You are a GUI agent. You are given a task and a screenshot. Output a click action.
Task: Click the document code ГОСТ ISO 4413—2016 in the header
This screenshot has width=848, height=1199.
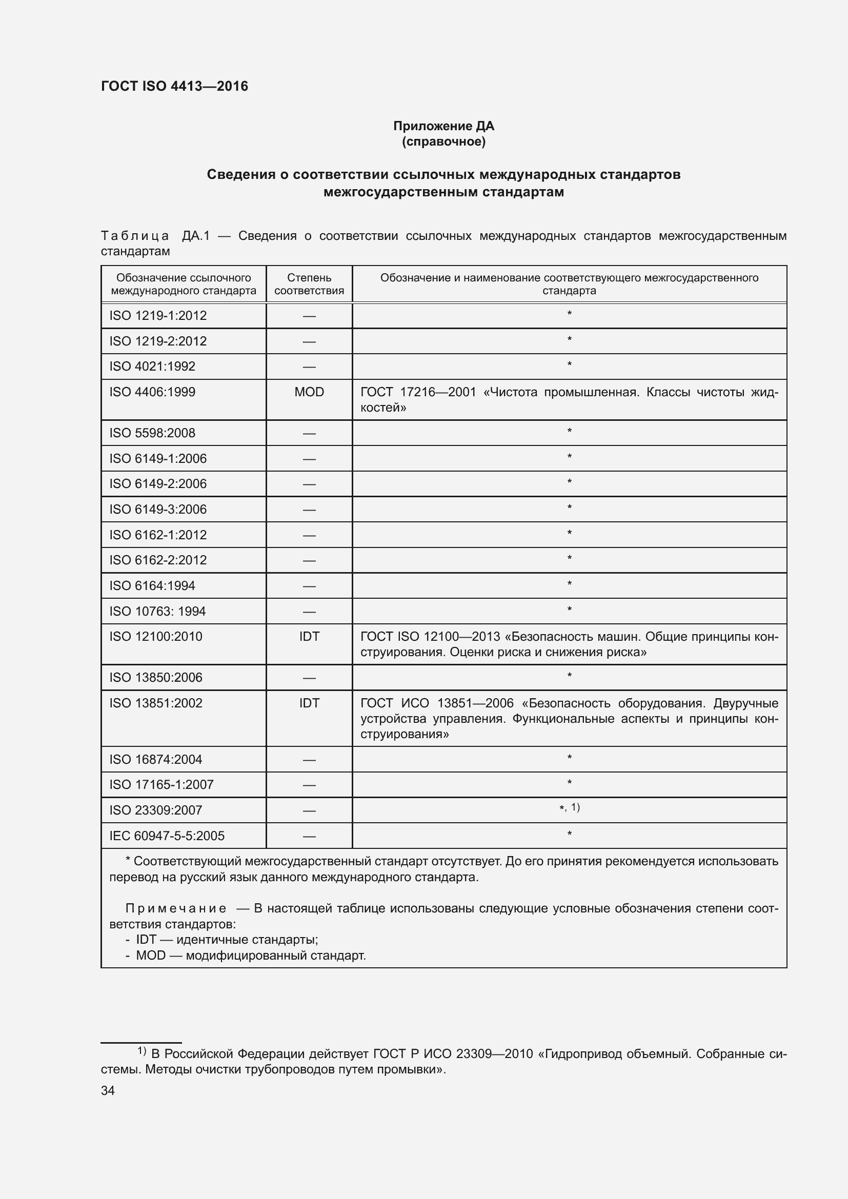point(174,86)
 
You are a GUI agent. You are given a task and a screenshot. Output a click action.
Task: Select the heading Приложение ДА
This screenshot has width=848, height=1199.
point(443,126)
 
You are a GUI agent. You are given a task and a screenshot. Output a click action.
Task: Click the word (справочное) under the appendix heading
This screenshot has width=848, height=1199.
point(443,141)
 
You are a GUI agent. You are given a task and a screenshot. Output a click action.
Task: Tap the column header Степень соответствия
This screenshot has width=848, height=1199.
point(309,284)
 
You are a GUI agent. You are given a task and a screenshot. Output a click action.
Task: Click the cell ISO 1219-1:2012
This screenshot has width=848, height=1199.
point(158,315)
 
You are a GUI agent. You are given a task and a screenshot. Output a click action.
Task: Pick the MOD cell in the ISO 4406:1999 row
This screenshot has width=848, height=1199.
point(309,392)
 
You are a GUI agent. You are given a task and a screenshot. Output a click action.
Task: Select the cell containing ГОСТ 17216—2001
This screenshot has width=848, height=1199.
point(569,399)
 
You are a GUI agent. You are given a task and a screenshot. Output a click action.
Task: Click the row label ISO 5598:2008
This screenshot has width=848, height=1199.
point(152,433)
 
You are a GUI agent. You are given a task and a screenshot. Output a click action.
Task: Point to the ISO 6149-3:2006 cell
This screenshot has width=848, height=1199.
point(158,509)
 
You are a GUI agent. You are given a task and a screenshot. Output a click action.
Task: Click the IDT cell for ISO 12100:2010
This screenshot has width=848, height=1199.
point(309,636)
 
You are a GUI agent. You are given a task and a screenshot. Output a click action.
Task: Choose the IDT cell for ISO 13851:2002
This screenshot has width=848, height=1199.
point(309,703)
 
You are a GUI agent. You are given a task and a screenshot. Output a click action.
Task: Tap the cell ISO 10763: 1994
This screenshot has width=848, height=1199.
point(157,611)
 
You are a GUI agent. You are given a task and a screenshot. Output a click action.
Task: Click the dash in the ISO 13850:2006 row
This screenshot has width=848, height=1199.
point(309,678)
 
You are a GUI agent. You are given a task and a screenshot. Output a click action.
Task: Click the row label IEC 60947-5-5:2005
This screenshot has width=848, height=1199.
point(167,836)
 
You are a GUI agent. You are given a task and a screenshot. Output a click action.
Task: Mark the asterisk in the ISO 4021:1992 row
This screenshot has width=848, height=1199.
point(569,364)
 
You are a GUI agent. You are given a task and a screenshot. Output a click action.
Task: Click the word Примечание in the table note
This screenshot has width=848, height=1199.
point(175,909)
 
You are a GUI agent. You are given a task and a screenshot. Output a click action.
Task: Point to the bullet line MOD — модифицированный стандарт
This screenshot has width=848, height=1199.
point(250,955)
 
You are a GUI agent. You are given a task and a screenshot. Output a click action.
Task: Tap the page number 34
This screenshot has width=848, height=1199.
point(108,1090)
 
